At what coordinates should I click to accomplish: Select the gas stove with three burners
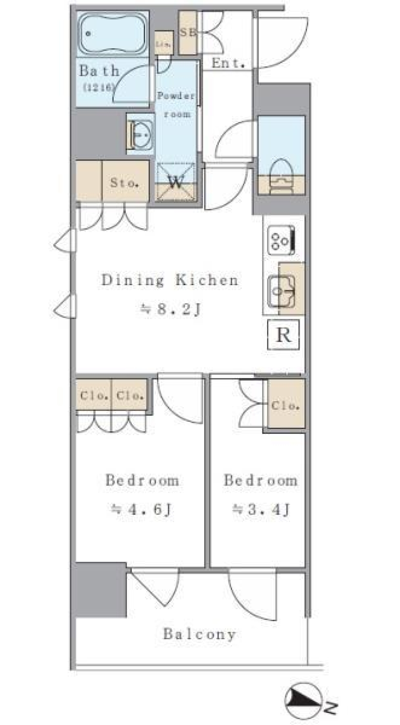(x=282, y=240)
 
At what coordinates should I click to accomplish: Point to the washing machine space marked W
(x=175, y=182)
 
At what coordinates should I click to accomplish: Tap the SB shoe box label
(x=188, y=32)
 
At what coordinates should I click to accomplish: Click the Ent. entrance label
(x=227, y=63)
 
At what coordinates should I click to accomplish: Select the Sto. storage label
(x=124, y=182)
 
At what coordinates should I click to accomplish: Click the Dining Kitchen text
(x=170, y=280)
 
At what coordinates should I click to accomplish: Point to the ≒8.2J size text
(x=171, y=309)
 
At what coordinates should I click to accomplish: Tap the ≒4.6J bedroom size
(x=142, y=509)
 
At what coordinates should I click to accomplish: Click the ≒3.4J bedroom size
(x=261, y=509)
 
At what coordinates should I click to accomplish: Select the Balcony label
(x=199, y=634)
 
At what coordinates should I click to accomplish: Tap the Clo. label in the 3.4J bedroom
(x=285, y=405)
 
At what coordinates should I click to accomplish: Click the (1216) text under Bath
(x=98, y=87)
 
